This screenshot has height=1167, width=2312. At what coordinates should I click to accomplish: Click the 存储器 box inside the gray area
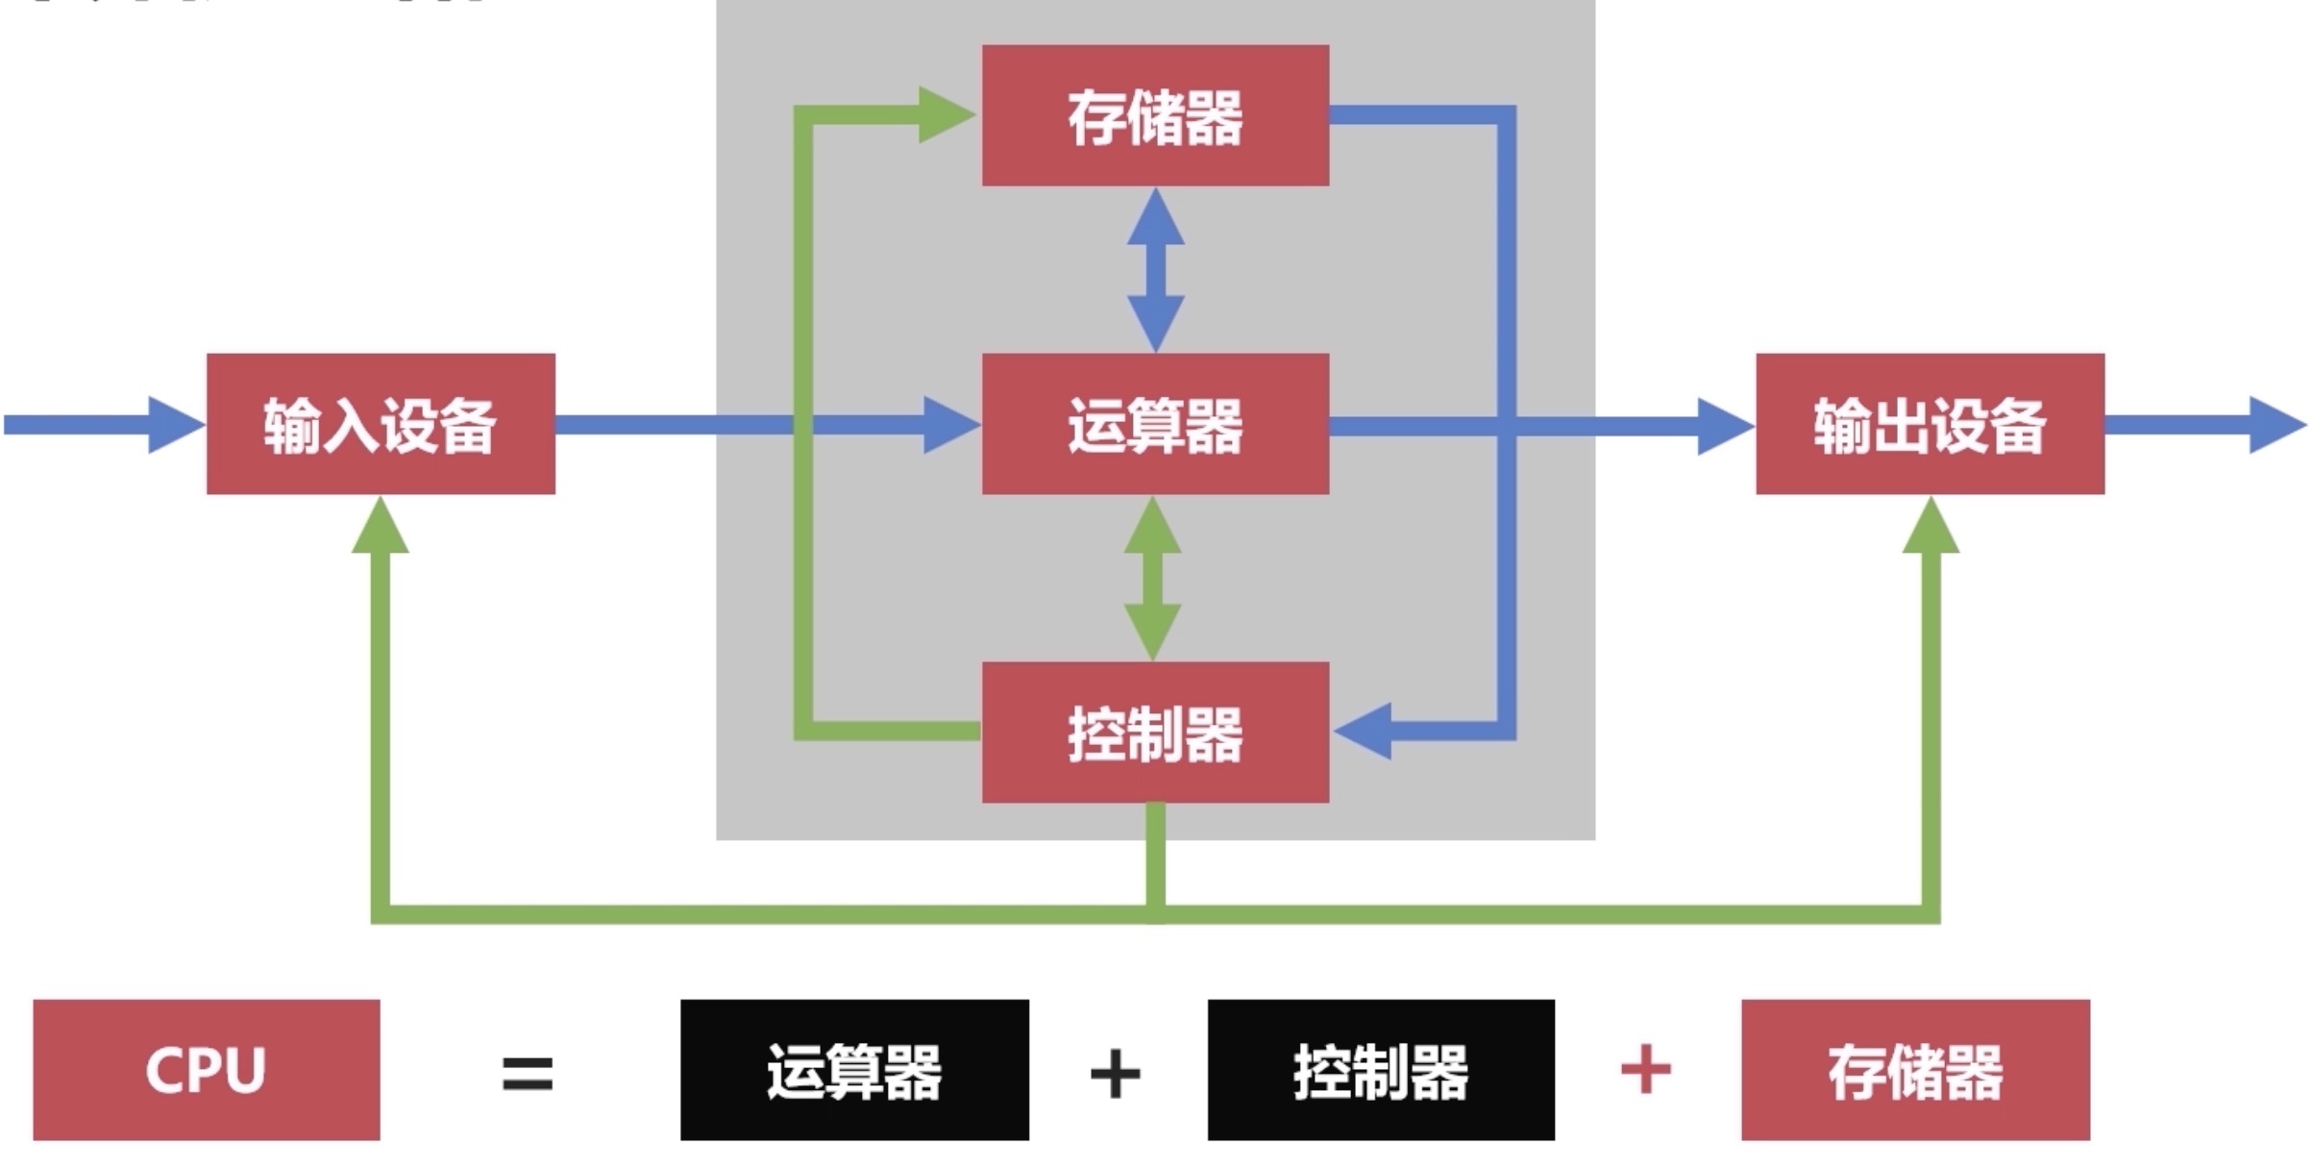pos(1155,115)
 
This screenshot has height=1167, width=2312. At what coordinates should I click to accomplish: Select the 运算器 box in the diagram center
pos(1155,424)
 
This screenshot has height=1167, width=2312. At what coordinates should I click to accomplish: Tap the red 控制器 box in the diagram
pos(1155,732)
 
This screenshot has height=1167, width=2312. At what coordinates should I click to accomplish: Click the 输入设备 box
pos(381,424)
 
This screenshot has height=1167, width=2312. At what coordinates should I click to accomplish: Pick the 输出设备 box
pos(1931,424)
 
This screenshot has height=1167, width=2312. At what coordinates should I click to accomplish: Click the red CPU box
pos(207,1070)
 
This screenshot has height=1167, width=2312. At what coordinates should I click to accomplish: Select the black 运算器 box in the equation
pos(854,1070)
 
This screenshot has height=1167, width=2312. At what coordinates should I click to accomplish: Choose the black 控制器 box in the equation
pos(1381,1070)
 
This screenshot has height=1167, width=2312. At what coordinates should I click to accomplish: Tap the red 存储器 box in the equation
pos(1915,1070)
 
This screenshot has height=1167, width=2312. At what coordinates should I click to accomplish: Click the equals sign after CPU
pos(528,1073)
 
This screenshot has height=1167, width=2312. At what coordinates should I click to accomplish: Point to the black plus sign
pos(1115,1073)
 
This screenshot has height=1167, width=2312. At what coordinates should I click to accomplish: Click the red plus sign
pos(1645,1069)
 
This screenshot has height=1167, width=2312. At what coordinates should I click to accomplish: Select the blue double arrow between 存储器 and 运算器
pos(1155,270)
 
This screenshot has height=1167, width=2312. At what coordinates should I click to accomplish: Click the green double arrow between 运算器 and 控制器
pos(1153,579)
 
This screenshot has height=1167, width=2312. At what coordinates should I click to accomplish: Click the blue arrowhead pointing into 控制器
pos(1363,731)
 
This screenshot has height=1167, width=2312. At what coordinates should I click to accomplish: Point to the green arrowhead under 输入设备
pos(381,525)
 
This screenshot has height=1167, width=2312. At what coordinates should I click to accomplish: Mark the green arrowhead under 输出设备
pos(1931,525)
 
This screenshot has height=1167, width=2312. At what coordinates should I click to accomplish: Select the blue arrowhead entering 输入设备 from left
pos(177,424)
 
